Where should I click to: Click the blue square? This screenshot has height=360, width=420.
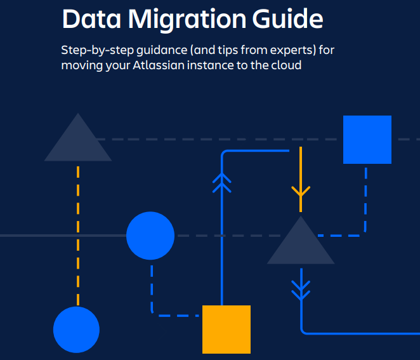[367, 140]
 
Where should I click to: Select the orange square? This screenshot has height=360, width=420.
[226, 329]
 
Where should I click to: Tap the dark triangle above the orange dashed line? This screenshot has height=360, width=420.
[78, 141]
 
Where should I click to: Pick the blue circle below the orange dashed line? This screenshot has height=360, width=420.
[76, 329]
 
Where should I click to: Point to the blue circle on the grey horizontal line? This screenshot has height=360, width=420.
[150, 236]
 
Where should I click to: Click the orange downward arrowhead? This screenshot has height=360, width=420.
[301, 190]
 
